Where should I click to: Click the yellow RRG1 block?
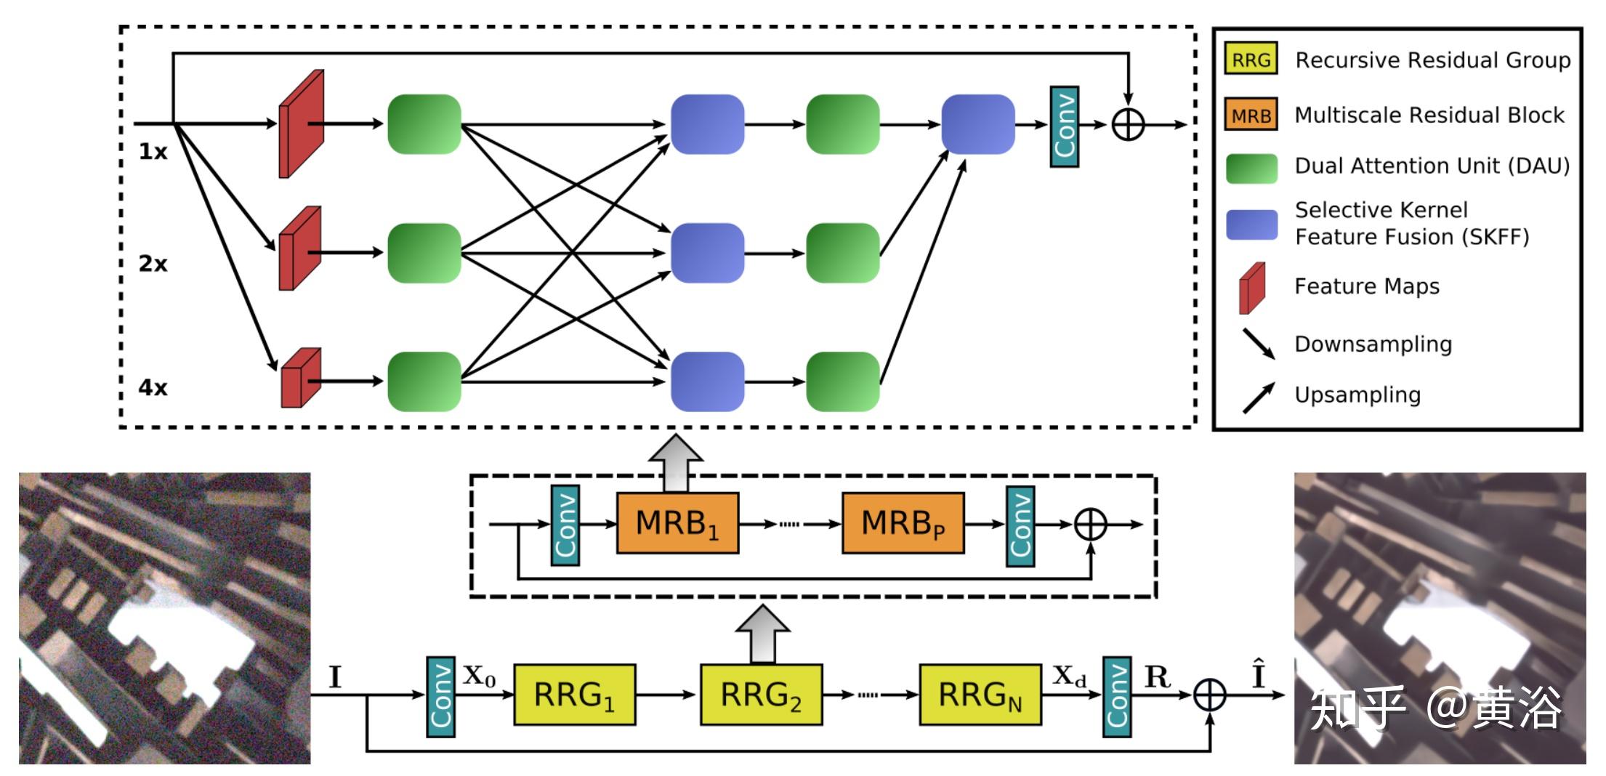pos(574,695)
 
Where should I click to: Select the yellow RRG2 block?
pos(761,695)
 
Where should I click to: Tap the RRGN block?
pos(980,695)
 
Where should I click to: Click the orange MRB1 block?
pos(677,523)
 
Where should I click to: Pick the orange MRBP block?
pos(903,523)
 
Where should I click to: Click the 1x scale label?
pos(153,151)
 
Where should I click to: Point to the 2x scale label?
pos(153,263)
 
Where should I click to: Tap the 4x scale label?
pos(153,387)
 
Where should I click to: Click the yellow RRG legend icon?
pos(1251,59)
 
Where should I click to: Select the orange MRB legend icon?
pos(1251,115)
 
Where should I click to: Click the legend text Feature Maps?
pos(1367,286)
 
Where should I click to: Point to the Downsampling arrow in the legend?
pos(1259,344)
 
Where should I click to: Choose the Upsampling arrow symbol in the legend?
pos(1259,397)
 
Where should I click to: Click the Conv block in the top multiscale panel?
pos(1065,126)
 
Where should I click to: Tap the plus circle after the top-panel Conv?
pos(1128,125)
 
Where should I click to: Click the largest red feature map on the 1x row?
pos(302,124)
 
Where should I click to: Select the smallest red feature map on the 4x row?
pos(301,378)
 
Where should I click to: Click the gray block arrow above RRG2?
pos(762,634)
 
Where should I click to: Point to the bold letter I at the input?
pos(334,677)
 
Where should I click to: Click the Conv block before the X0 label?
pos(440,697)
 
